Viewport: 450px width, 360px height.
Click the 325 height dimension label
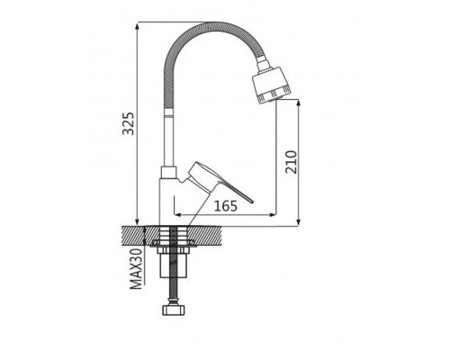[x=129, y=123]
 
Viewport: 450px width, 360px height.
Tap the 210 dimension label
[x=291, y=162]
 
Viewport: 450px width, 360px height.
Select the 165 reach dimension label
[x=226, y=206]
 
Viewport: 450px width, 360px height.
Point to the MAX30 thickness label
[x=136, y=269]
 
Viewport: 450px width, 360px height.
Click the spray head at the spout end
[x=271, y=85]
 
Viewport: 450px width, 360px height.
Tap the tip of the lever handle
[x=252, y=202]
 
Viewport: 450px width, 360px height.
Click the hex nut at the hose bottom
[x=173, y=310]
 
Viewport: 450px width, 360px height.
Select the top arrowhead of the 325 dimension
[x=138, y=26]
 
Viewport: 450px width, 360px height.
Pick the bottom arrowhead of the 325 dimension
[x=138, y=221]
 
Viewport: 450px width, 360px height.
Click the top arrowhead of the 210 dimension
[x=298, y=103]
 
